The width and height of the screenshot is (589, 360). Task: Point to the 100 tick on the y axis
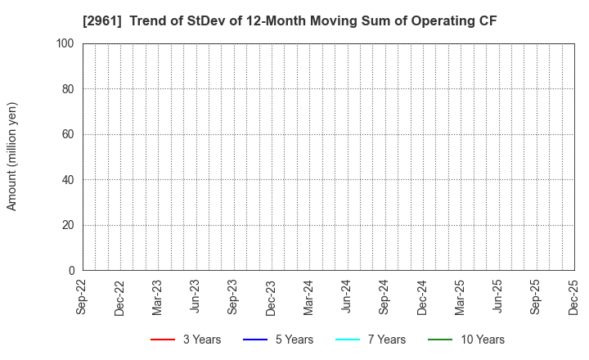[x=66, y=43]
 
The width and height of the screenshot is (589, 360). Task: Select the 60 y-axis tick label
[x=69, y=134]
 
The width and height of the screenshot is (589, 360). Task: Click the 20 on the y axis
[x=69, y=225]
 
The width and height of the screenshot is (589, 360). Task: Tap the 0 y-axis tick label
[x=72, y=271]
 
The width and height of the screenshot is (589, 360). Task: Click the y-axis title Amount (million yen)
[x=12, y=156]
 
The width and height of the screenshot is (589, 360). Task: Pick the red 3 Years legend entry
[x=186, y=340]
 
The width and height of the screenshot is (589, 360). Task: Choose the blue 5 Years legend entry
[x=278, y=340]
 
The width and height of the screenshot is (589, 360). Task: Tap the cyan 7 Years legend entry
[x=371, y=340]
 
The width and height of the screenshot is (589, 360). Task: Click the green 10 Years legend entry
[x=466, y=340]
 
